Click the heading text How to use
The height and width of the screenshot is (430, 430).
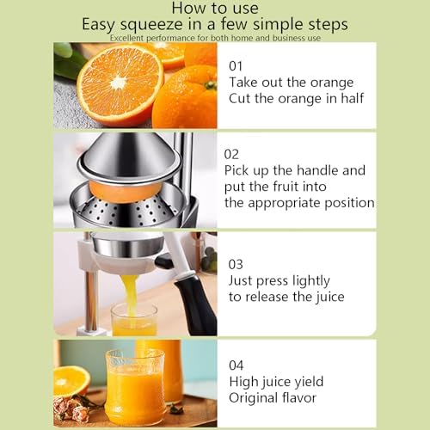[x=215, y=8]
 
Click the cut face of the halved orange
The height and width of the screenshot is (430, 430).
[x=120, y=84]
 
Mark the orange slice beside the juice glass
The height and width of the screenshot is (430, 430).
[x=71, y=380]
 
